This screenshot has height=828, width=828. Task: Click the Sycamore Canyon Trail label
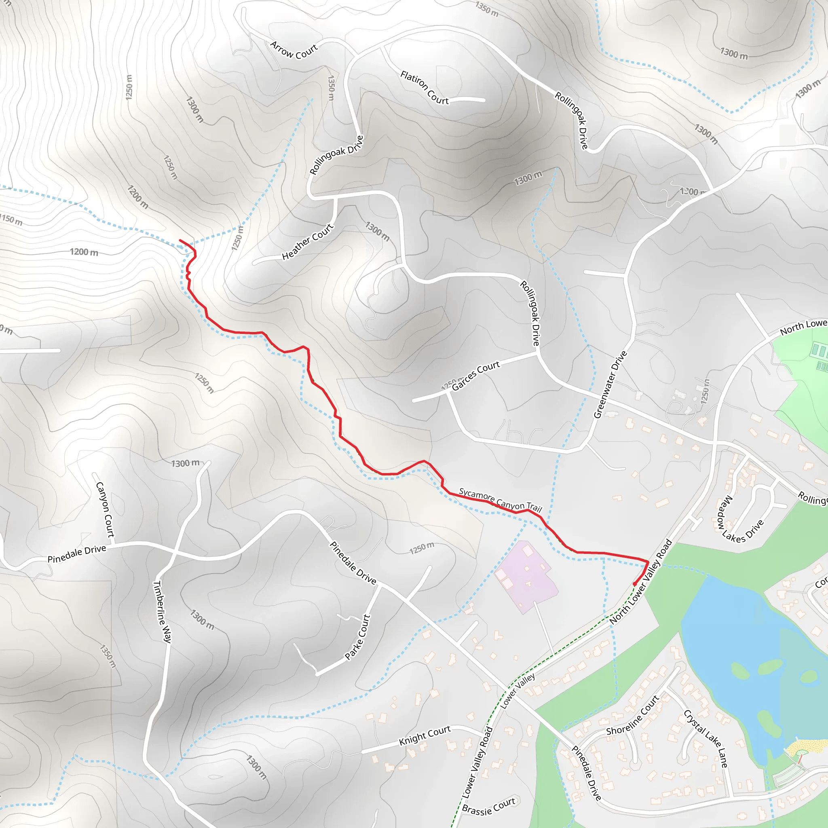pyautogui.click(x=501, y=500)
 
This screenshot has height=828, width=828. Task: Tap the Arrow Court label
pyautogui.click(x=294, y=50)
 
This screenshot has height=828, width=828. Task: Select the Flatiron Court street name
pyautogui.click(x=424, y=88)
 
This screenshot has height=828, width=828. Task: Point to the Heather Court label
pyautogui.click(x=307, y=242)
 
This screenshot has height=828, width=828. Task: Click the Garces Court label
pyautogui.click(x=476, y=376)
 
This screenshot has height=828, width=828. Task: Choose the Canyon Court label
pyautogui.click(x=105, y=509)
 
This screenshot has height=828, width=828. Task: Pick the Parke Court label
pyautogui.click(x=357, y=637)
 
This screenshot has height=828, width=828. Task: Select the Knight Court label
pyautogui.click(x=425, y=735)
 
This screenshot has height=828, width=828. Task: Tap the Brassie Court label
pyautogui.click(x=488, y=807)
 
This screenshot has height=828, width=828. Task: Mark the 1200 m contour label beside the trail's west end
pyautogui.click(x=84, y=252)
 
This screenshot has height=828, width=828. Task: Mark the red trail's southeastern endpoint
pyautogui.click(x=635, y=584)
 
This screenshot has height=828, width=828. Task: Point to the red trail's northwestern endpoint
pyautogui.click(x=180, y=241)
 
